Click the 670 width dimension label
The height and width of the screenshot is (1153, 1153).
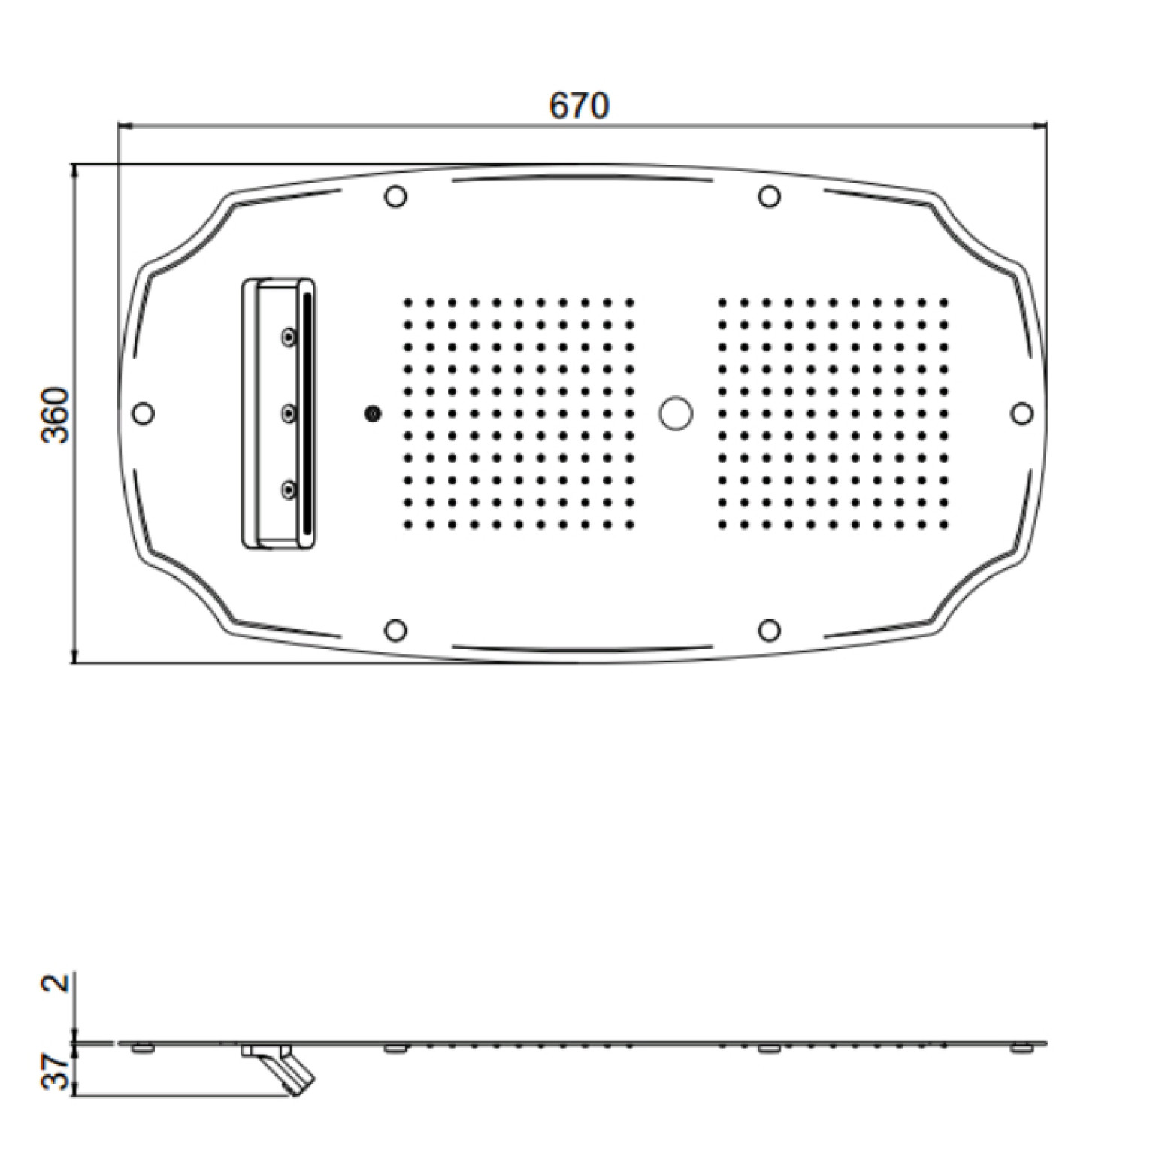[x=578, y=105]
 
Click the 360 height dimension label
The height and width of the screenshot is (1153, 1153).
[x=56, y=414]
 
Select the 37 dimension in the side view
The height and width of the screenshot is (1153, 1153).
[x=57, y=1073]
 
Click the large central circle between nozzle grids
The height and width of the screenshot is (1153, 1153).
[x=676, y=413]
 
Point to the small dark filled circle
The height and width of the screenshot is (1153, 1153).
[x=372, y=413]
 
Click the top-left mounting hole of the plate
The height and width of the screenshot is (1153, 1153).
[x=395, y=197]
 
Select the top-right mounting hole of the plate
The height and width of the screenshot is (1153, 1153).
[x=768, y=197]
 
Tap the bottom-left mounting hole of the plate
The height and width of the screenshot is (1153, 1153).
[x=395, y=630]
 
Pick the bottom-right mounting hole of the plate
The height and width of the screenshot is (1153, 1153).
[x=768, y=630]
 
